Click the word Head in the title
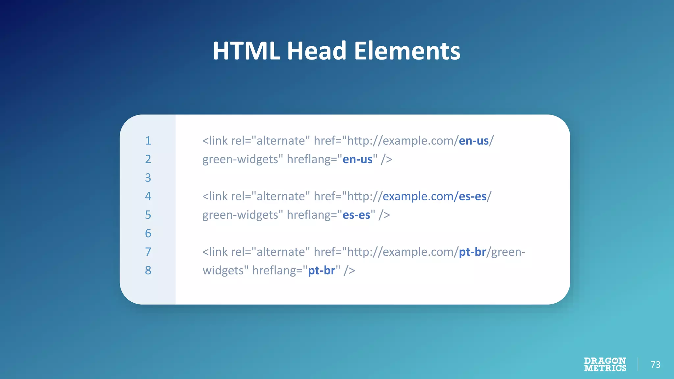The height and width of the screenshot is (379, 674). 317,51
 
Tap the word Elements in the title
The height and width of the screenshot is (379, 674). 407,51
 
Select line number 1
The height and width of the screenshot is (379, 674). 148,141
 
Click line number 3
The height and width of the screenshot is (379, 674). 148,178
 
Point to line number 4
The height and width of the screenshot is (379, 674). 148,196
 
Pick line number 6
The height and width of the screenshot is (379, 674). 148,233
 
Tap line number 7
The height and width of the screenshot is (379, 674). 148,252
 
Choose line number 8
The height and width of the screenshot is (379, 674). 148,270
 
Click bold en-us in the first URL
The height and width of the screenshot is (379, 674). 474,141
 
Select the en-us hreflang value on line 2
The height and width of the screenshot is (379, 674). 357,160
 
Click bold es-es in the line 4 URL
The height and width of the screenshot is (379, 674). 472,196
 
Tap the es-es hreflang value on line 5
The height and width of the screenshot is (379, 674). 356,215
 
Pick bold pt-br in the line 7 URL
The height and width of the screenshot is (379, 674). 472,252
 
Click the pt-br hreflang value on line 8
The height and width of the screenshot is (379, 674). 322,270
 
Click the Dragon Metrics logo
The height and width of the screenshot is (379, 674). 605,365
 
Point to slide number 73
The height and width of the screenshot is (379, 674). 655,365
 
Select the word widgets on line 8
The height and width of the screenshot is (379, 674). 223,270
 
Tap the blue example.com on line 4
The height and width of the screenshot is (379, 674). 418,196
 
